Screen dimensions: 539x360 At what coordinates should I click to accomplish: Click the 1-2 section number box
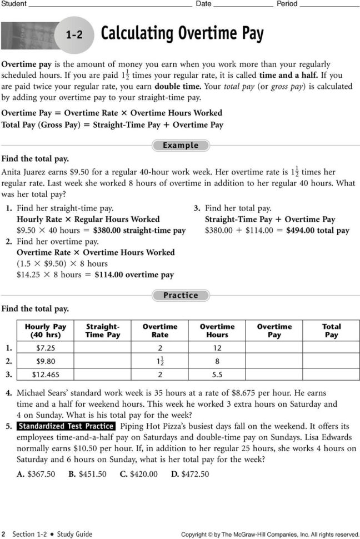pos(74,34)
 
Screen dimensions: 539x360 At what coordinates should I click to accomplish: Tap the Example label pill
pos(181,146)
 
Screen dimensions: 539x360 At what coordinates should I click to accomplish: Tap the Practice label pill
pos(181,296)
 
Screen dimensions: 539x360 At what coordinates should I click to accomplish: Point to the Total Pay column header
pos(331,331)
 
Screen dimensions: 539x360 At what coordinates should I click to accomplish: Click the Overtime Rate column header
pos(160,331)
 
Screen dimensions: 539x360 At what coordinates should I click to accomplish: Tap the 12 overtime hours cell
pos(217,348)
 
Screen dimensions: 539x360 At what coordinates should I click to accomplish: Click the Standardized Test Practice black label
pos(66,427)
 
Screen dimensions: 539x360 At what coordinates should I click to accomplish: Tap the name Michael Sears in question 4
pos(42,393)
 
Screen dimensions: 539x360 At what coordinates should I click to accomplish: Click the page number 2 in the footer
pos(3,534)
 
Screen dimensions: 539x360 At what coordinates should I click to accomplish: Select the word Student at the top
pos(14,3)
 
